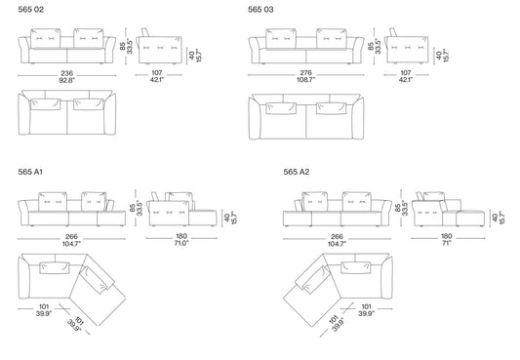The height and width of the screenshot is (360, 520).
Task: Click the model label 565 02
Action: (x=30, y=10)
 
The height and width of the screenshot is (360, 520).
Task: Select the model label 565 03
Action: (x=260, y=10)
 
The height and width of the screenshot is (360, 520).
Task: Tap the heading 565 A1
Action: (x=30, y=172)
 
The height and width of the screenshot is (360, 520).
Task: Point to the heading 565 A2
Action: (x=297, y=172)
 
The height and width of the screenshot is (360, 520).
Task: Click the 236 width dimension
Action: (x=66, y=73)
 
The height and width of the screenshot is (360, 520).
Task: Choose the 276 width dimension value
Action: (x=305, y=72)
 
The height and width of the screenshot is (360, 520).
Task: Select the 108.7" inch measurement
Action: (x=305, y=80)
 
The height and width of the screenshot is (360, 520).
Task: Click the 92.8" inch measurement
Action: (x=66, y=80)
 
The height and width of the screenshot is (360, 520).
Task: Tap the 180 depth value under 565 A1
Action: (x=181, y=236)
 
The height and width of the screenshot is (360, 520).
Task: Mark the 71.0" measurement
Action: (x=181, y=243)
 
